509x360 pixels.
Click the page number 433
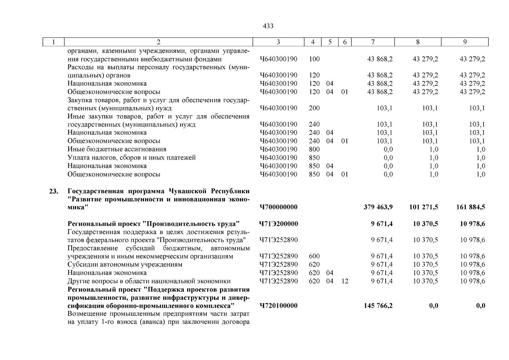268,26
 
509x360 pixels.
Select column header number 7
373,42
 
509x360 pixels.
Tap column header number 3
278,42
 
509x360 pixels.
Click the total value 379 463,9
378,207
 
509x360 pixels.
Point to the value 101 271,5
424,207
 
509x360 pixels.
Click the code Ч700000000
279,207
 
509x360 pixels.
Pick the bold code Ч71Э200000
279,224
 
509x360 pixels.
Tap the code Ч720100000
279,306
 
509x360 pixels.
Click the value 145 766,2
378,306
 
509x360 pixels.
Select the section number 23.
54,191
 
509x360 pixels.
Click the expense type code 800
314,149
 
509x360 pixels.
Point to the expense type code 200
314,108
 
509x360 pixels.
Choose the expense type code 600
314,256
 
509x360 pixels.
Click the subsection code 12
345,281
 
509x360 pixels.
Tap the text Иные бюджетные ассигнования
117,149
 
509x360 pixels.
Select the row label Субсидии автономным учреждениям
125,265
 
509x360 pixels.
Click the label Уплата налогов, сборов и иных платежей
131,158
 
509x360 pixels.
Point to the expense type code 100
314,59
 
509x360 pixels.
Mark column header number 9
465,42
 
